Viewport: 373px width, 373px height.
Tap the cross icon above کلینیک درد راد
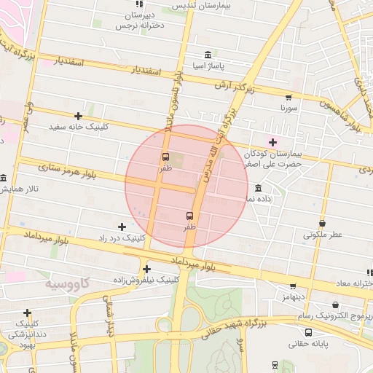pos(122,227)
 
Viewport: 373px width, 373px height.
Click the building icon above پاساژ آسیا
pos(208,55)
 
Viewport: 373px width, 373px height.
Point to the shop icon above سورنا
pos(288,97)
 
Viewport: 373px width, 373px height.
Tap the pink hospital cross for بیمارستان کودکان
pos(273,142)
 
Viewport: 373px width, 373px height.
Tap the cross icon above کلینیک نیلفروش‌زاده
pos(147,268)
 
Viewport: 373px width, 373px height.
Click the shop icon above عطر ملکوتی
pos(323,224)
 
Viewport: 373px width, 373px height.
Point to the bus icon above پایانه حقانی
pos(309,332)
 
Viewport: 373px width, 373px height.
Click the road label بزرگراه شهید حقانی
pos(272,321)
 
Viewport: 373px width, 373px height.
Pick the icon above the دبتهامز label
pos(293,287)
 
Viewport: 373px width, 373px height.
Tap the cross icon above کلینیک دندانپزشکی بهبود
pos(27,313)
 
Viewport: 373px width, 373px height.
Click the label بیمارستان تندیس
pos(197,5)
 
